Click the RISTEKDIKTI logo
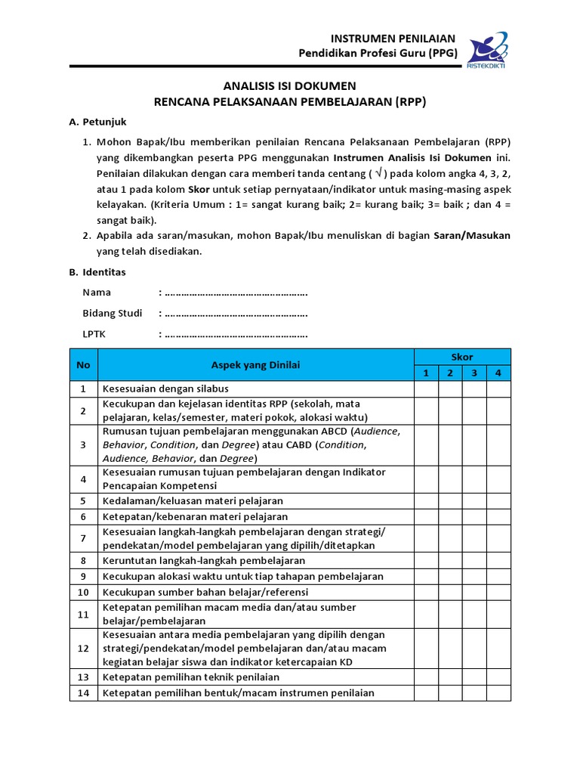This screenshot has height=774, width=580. [x=487, y=48]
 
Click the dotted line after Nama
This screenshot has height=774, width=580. [x=236, y=293]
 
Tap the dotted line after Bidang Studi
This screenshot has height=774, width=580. [x=236, y=314]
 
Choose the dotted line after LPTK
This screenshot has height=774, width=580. [x=236, y=334]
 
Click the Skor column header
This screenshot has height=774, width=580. [x=462, y=357]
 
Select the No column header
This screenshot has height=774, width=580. [x=83, y=365]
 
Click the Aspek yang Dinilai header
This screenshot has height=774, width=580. [x=255, y=365]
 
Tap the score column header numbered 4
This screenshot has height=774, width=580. [x=498, y=373]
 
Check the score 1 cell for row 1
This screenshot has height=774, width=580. [x=426, y=389]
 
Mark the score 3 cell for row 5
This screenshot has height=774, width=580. [x=474, y=500]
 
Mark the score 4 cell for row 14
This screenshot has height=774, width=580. [x=498, y=693]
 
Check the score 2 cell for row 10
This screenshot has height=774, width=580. [x=450, y=592]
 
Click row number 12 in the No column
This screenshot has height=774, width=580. [x=83, y=649]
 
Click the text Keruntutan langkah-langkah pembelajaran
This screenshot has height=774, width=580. [x=204, y=560]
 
